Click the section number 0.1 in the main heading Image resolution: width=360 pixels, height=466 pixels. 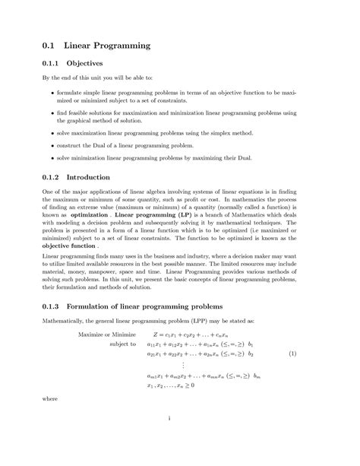pos(50,46)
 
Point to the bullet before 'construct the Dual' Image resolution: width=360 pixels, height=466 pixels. pos(52,145)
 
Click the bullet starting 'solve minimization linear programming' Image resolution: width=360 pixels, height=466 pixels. pos(52,158)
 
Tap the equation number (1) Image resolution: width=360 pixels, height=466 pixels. pos(292,354)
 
